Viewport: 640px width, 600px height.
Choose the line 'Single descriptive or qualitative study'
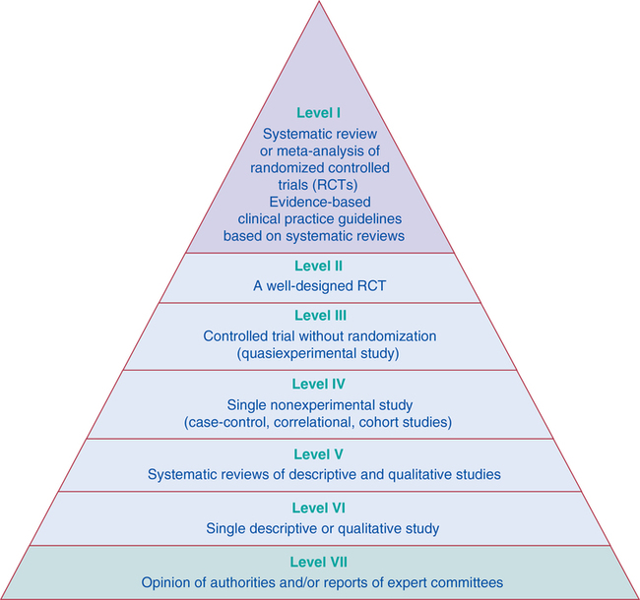pos(322,529)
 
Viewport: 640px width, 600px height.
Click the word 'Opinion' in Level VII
pos(168,582)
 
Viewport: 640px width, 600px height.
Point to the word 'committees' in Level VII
pos(468,582)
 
